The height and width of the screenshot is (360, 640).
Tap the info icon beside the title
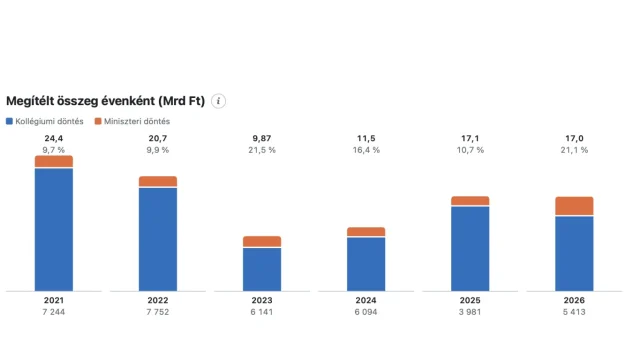[218, 101]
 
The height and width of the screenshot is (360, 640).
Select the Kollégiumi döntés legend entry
[45, 121]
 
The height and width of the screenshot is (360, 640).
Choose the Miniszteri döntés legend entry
[132, 121]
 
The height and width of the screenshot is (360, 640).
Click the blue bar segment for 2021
[54, 230]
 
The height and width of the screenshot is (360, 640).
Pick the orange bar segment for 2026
[574, 206]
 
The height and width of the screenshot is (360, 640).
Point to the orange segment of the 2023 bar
[262, 241]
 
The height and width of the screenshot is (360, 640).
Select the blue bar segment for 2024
[366, 264]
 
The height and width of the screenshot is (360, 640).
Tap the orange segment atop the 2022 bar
[158, 181]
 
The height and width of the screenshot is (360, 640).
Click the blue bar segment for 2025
[470, 249]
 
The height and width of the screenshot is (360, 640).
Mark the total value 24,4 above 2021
[54, 138]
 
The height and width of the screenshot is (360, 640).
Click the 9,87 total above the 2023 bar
[262, 138]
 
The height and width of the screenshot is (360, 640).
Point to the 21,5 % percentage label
[262, 150]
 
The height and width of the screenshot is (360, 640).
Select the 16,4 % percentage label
[366, 150]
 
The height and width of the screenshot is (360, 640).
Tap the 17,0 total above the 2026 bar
[574, 138]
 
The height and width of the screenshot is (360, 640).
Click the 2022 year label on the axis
[158, 300]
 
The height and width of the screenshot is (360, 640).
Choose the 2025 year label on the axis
[470, 300]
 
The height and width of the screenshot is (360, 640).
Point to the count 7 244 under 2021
[54, 312]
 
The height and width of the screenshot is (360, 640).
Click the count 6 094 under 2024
[366, 312]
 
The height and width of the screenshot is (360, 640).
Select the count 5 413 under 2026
[574, 312]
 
